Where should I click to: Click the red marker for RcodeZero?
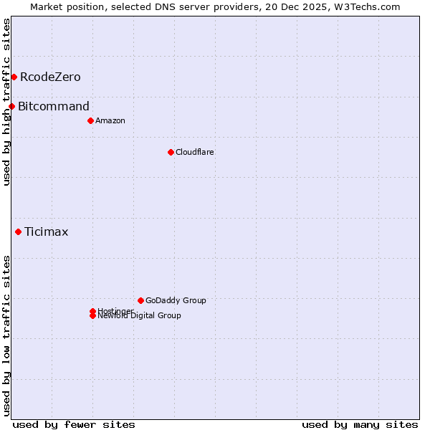click(x=14, y=77)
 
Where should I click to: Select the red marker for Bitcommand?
click(x=11, y=107)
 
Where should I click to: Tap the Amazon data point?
click(x=90, y=120)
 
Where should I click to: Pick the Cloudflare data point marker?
click(x=171, y=152)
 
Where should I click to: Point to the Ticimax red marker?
click(x=18, y=231)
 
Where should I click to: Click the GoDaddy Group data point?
click(x=140, y=300)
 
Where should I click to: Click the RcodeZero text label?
click(x=50, y=77)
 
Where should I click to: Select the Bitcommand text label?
click(x=54, y=107)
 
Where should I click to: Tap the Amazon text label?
click(x=110, y=120)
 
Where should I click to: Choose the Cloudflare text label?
click(x=195, y=152)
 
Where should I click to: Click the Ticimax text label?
click(x=47, y=231)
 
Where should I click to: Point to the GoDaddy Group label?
click(x=176, y=300)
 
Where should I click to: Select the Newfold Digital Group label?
click(x=140, y=315)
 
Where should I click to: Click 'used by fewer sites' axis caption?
click(x=74, y=424)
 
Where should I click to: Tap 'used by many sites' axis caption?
click(x=360, y=424)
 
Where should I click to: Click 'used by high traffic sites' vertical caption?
click(x=6, y=102)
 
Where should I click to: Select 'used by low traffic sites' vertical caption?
click(x=6, y=335)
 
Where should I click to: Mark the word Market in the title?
click(x=47, y=6)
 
